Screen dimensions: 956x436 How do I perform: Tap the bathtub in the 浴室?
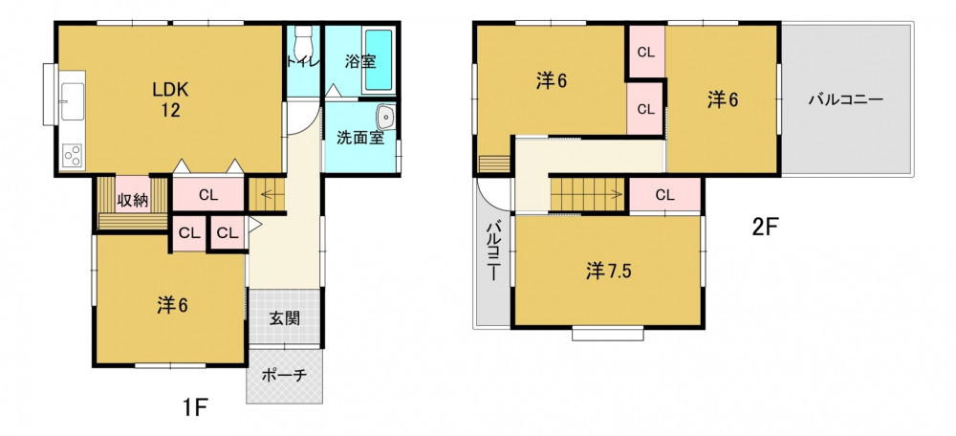pos(378,60)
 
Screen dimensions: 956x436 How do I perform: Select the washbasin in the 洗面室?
pos(385,117)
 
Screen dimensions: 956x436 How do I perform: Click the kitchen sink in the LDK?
pos(72,100)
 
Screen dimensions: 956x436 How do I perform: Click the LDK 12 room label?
pos(171,100)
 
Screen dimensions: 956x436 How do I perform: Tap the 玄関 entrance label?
pos(285,317)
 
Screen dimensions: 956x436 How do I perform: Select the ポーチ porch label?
pos(284,376)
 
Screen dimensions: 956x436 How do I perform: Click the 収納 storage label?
pos(133,201)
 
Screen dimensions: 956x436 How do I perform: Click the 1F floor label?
pos(195,405)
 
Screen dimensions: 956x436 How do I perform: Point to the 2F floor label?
pos(765,229)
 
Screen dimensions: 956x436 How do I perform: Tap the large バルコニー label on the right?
pos(846,99)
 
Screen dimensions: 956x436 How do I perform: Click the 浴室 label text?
pos(360,61)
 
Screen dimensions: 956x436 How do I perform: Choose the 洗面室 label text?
pos(360,138)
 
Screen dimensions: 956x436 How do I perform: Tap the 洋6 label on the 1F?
pos(172,306)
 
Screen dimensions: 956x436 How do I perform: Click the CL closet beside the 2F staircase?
pos(665,195)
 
